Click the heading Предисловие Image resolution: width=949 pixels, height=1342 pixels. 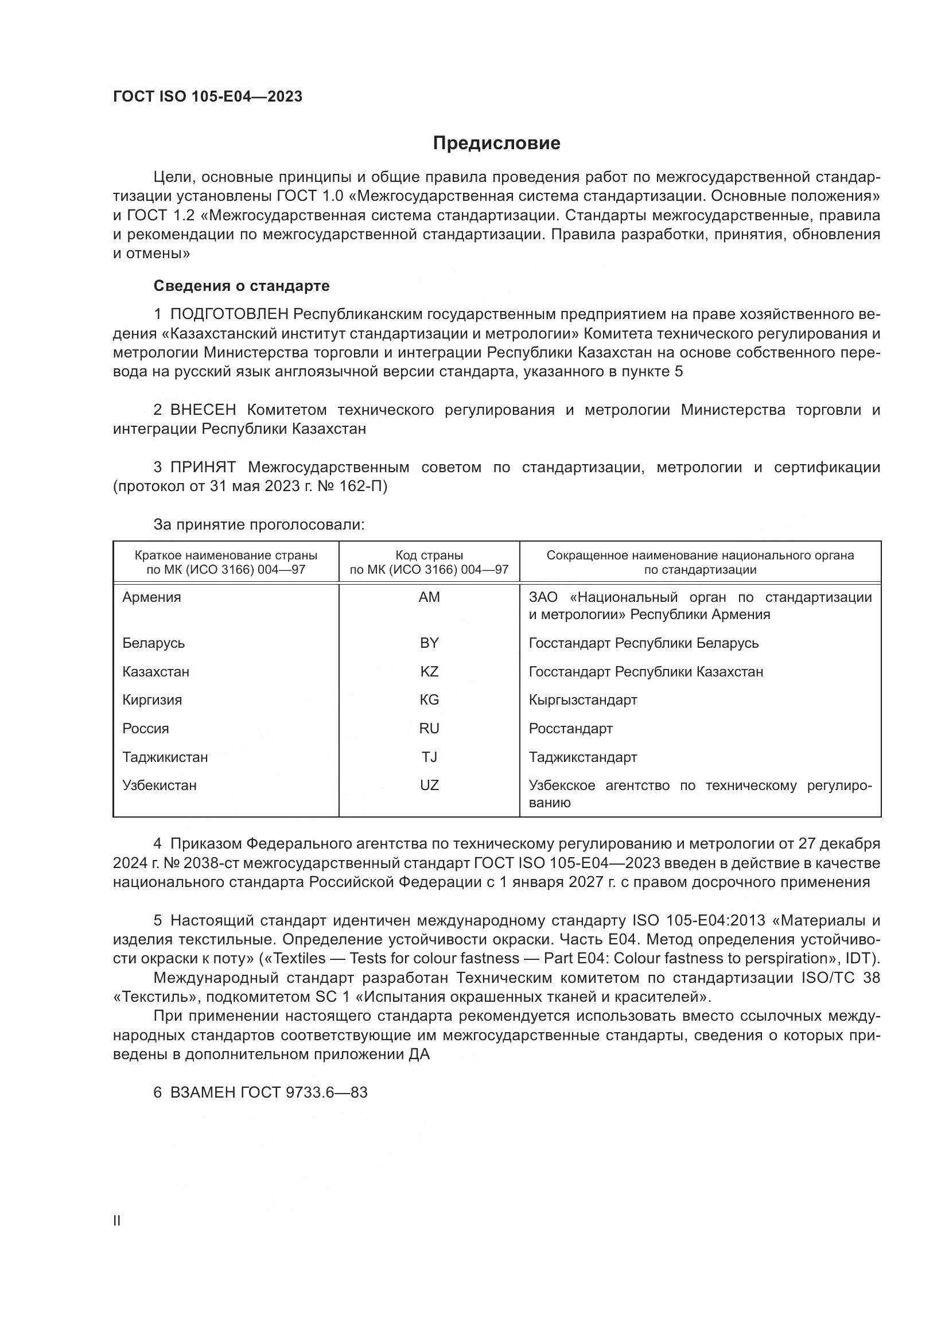click(x=496, y=143)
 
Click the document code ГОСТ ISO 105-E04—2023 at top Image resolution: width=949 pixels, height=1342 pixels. click(x=208, y=96)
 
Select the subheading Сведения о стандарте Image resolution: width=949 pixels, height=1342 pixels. click(x=242, y=286)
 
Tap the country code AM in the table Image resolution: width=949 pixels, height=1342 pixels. click(x=429, y=597)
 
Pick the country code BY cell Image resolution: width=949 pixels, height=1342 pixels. click(x=429, y=643)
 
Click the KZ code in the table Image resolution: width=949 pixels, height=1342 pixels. click(x=429, y=672)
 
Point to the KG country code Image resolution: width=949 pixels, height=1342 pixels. click(x=429, y=699)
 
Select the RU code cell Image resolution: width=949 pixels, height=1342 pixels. click(x=429, y=728)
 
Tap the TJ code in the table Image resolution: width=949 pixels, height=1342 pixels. click(x=429, y=757)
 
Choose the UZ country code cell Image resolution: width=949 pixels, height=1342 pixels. click(x=429, y=785)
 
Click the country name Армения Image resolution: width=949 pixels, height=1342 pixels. click(x=151, y=597)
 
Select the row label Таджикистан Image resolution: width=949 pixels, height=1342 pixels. click(x=165, y=757)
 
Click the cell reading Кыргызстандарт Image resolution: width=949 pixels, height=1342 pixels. click(x=582, y=699)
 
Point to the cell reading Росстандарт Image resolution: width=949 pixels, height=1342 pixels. click(x=570, y=728)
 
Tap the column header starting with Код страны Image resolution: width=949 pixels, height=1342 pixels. click(x=429, y=562)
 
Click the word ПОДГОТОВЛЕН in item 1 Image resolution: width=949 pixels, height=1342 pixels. click(x=229, y=314)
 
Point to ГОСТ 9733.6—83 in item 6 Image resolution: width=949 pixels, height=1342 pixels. click(x=304, y=1092)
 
